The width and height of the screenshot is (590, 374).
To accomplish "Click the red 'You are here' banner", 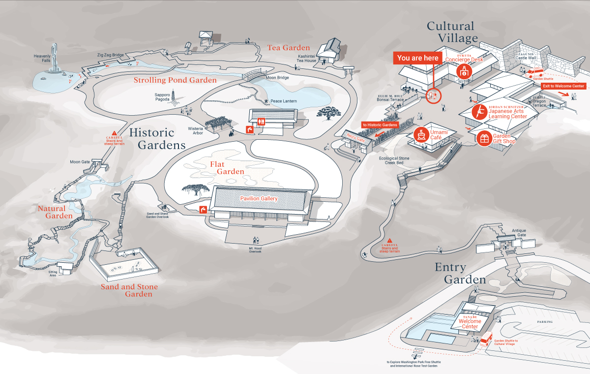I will (417, 58).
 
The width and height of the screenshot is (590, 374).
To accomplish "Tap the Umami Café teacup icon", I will (421, 133).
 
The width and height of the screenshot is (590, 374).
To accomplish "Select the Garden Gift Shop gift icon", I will (485, 139).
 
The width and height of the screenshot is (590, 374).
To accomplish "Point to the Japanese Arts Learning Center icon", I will (478, 112).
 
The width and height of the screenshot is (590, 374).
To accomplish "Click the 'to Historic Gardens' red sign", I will (380, 125).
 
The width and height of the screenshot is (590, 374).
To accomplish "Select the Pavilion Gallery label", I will (259, 198).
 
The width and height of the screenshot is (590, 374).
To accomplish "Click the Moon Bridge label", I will (277, 78).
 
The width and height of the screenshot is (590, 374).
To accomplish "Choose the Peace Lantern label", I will (283, 101).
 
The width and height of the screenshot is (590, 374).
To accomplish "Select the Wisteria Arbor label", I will (195, 130).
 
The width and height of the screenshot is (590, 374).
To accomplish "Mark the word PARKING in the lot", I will (544, 322).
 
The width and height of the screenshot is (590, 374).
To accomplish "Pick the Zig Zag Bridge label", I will (110, 55).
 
